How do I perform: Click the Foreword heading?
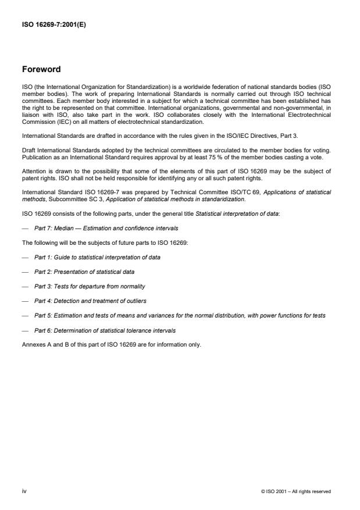[41, 69]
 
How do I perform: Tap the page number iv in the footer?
[24, 491]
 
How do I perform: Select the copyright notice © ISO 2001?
[296, 491]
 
